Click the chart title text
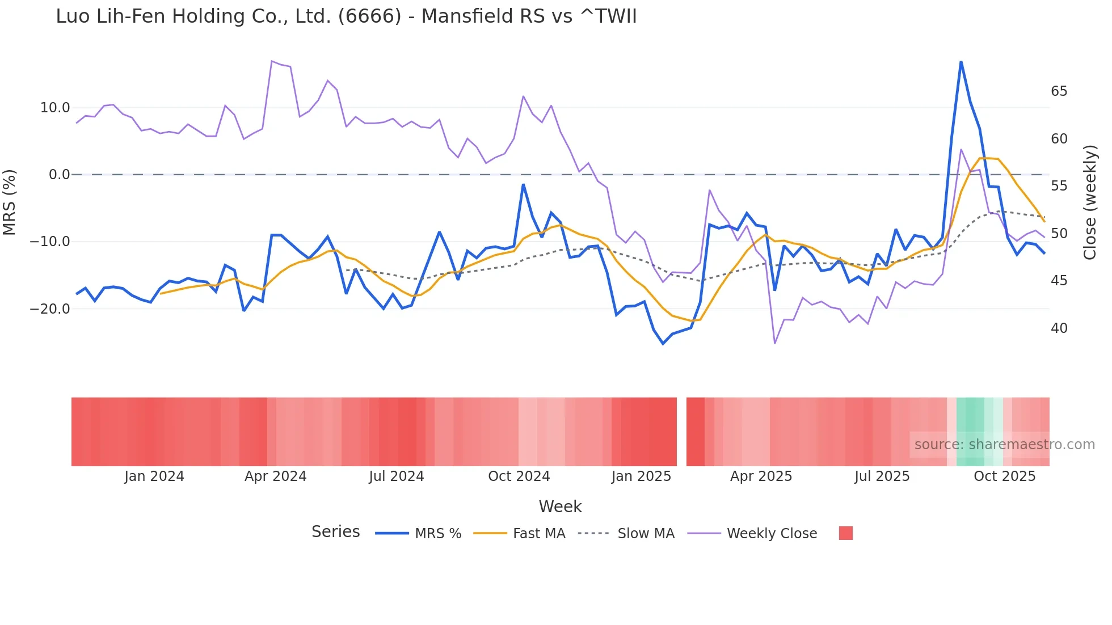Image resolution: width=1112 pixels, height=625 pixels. (346, 16)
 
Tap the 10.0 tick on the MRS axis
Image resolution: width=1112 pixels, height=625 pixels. (55, 108)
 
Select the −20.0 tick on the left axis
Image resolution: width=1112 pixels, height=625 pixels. (50, 309)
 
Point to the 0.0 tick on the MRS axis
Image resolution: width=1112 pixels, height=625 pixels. (59, 175)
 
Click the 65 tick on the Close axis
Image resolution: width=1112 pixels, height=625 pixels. (1059, 91)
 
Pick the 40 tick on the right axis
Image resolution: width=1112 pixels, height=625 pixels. (1059, 328)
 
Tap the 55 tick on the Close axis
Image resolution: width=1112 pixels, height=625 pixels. (1059, 186)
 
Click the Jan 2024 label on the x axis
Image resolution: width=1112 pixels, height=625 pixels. (154, 476)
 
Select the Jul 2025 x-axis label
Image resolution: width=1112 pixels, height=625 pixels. (882, 476)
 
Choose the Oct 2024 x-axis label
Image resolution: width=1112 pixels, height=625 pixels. (519, 476)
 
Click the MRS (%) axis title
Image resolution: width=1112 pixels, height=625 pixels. (10, 202)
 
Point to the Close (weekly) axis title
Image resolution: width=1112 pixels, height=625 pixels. (1090, 202)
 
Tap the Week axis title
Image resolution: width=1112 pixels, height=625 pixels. (560, 506)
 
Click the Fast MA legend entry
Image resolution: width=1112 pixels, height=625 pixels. (538, 534)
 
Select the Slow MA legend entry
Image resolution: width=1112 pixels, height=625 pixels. (646, 534)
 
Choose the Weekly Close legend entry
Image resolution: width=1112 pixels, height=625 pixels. (772, 534)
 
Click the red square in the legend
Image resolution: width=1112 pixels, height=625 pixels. (845, 533)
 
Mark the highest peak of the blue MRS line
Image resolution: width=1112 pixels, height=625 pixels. (961, 62)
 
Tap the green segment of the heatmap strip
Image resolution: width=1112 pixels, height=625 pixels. (970, 432)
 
